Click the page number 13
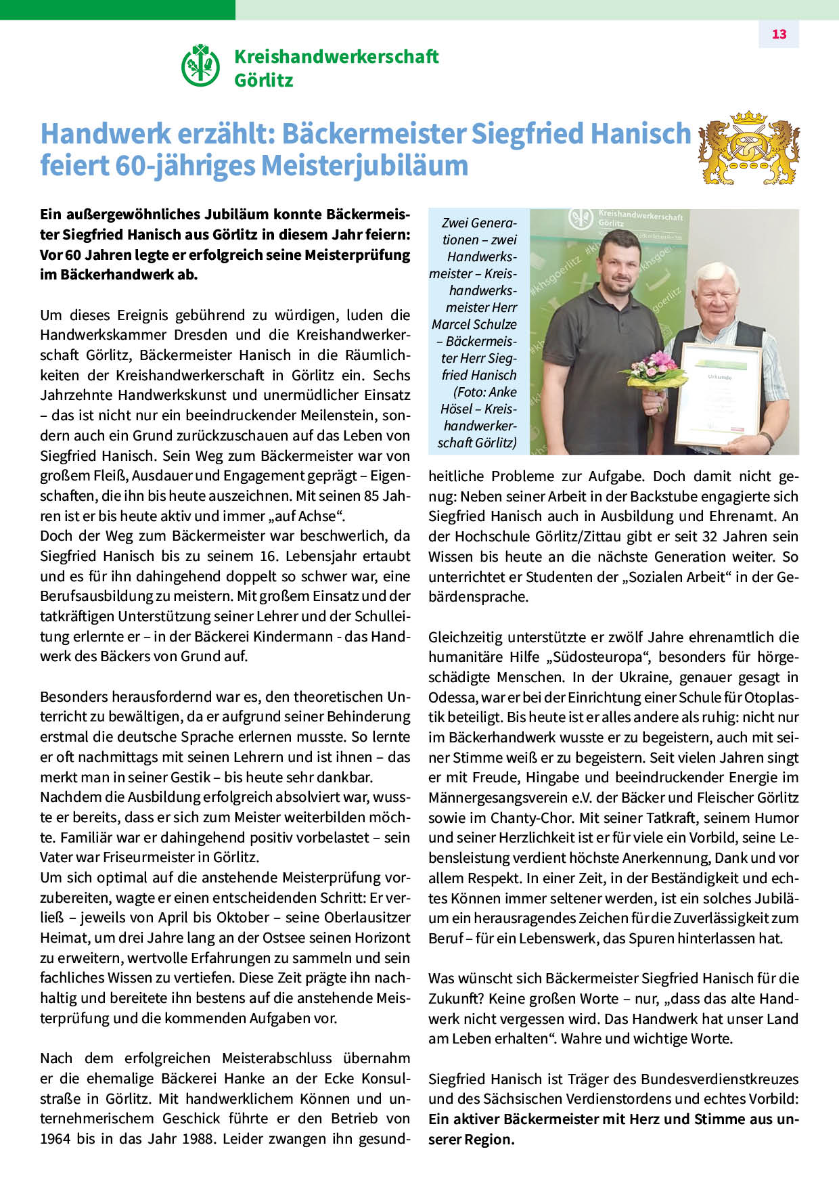coord(779,35)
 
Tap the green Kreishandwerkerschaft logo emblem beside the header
coord(200,66)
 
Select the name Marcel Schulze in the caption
coord(474,324)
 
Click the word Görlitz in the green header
coord(264,81)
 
